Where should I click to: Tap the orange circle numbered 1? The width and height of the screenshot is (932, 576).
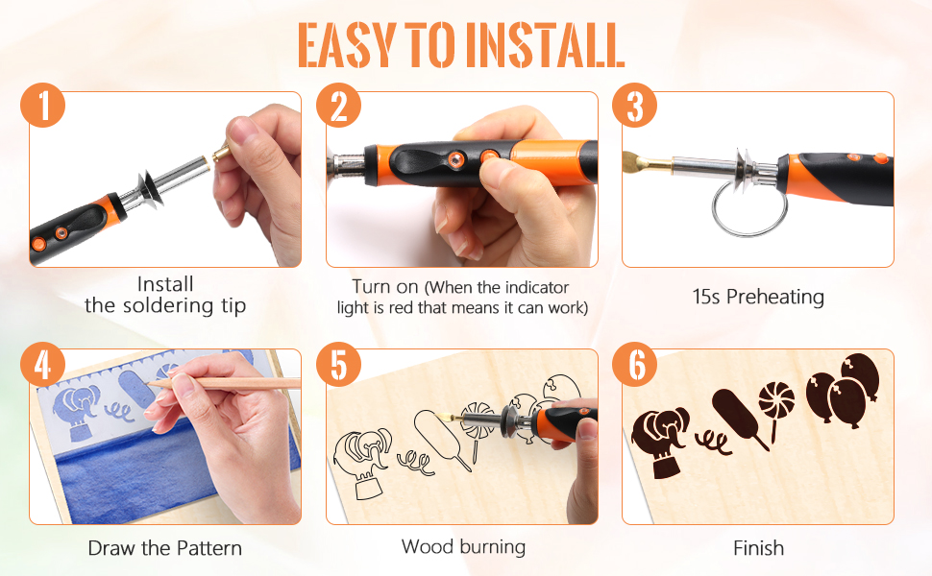point(43,106)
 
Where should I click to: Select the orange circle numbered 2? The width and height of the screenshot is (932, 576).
point(339,106)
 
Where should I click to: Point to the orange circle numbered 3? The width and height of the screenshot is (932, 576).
point(635,106)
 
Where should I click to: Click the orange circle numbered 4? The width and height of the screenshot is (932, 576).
point(43,364)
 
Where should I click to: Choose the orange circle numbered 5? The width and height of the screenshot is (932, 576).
point(339,364)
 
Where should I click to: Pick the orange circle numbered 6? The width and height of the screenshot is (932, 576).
point(635,364)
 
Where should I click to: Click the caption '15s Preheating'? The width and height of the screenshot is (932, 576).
point(758,297)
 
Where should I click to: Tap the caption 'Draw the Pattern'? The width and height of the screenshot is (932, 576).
point(164,548)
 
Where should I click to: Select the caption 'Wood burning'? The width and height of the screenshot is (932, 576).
point(463,547)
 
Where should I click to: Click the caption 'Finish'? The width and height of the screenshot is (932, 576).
point(758,548)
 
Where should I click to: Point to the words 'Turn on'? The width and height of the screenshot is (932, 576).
point(386,287)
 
